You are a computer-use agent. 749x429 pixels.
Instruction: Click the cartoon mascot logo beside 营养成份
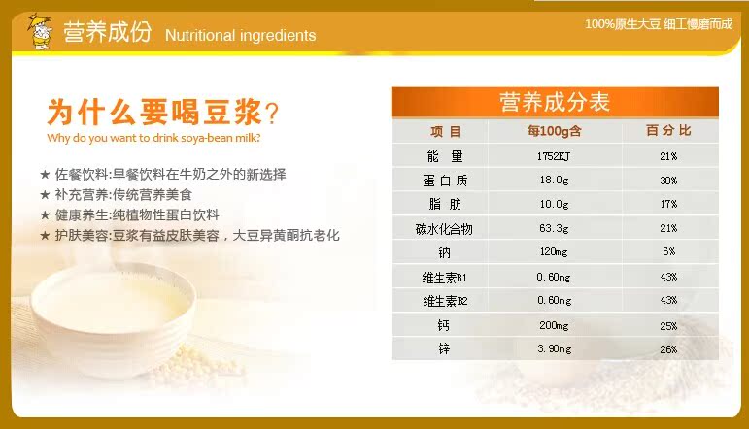point(41,31)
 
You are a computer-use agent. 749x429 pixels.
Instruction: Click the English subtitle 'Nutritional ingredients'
point(240,35)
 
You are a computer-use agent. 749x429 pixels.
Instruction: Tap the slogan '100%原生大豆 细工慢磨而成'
point(659,24)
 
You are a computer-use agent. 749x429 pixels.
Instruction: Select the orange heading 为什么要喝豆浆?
point(163,113)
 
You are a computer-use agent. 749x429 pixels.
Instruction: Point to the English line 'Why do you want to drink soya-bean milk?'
point(153,138)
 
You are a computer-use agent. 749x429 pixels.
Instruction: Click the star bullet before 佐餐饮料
point(45,174)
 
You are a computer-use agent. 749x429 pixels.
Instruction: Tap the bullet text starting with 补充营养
point(123,195)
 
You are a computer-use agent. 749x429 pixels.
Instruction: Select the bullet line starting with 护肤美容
point(197,235)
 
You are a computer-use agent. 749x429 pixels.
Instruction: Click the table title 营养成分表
point(555,102)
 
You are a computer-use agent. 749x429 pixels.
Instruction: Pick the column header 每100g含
point(554,131)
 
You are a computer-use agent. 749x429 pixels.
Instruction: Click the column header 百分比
point(668,130)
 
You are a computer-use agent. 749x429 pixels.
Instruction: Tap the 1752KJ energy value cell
point(554,156)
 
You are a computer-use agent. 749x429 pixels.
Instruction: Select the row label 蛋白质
point(445,181)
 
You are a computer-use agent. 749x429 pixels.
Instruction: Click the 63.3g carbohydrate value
point(554,228)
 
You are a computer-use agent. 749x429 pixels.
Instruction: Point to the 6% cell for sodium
point(668,251)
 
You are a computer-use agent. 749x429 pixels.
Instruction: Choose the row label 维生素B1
point(444,278)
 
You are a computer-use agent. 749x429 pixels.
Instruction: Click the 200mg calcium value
point(554,325)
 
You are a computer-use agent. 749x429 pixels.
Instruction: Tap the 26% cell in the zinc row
point(668,349)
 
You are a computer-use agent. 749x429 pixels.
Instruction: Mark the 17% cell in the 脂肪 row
point(668,204)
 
